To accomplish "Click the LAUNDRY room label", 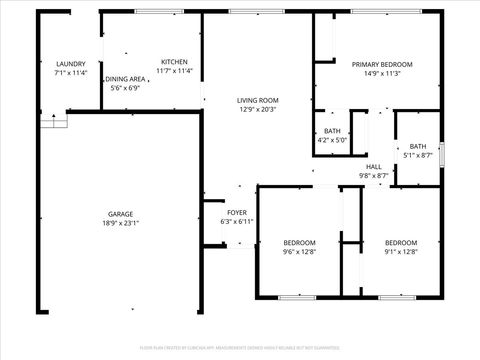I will click(70, 63).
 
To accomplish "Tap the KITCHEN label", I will click(174, 62).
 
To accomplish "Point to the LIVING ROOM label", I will click(257, 100).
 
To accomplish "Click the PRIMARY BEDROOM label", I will click(377, 63).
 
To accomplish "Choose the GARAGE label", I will click(121, 214).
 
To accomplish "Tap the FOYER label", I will click(237, 212).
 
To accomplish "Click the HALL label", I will click(374, 166).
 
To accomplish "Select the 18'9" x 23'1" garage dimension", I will click(121, 224).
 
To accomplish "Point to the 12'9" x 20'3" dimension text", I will click(257, 109).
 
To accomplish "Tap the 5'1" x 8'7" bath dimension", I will click(417, 155).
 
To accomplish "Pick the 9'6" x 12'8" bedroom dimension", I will click(299, 252).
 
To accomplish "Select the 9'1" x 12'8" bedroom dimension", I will click(401, 252).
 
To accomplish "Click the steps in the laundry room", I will click(54, 120).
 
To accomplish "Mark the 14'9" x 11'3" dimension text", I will click(377, 72).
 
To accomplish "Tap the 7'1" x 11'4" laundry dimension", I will click(70, 72).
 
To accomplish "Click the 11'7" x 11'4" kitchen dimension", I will click(174, 71).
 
